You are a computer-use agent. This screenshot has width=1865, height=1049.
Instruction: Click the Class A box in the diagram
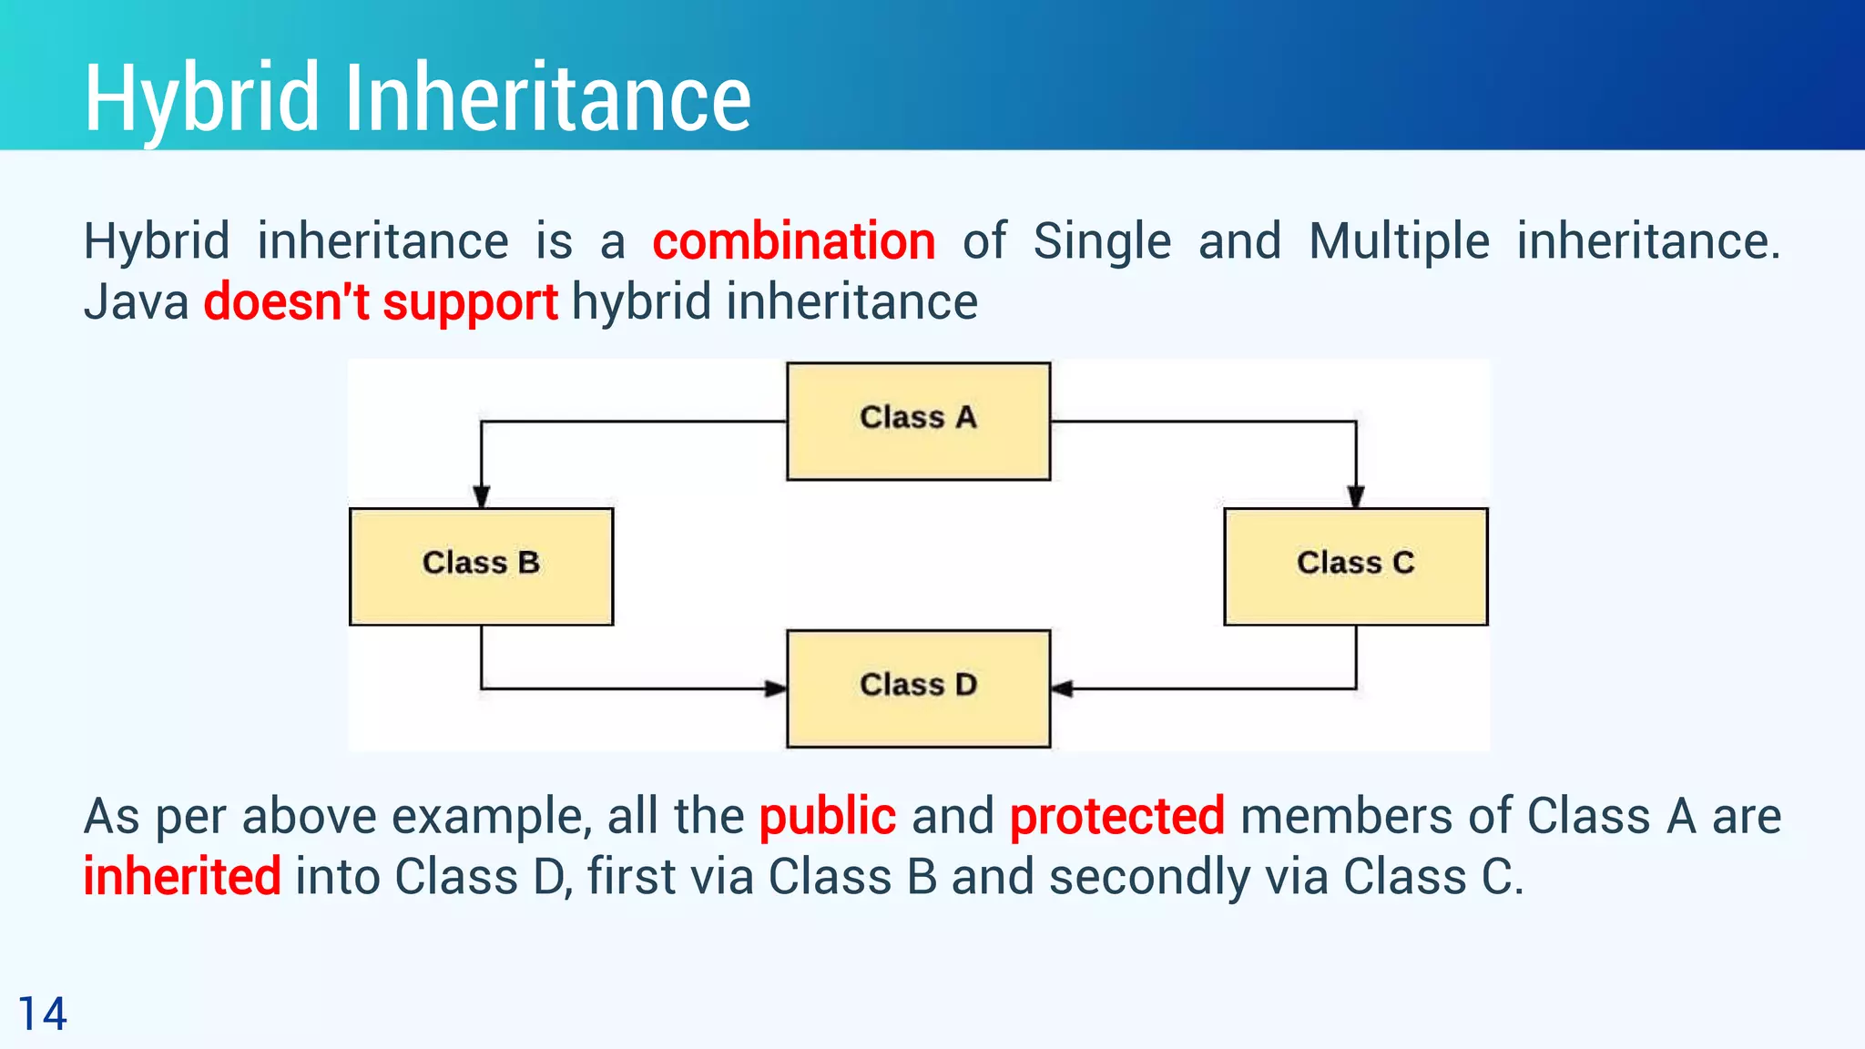[x=918, y=421]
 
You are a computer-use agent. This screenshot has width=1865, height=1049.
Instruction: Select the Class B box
[x=481, y=565]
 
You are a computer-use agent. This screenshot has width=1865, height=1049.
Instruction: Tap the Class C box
[x=1355, y=565]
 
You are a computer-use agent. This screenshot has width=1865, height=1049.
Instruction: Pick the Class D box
[x=918, y=687]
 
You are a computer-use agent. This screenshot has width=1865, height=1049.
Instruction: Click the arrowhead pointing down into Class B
[x=482, y=496]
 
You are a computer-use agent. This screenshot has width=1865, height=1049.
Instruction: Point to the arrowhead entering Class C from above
[x=1356, y=496]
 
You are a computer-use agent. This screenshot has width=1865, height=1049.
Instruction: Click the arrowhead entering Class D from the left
[x=775, y=688]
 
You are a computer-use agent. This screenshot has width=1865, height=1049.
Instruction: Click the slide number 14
[x=42, y=1014]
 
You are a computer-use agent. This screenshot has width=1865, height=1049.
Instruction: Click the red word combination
[x=794, y=242]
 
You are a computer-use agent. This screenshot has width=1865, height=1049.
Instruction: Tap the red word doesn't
[x=286, y=302]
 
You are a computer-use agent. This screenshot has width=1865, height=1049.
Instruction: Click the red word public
[x=827, y=817]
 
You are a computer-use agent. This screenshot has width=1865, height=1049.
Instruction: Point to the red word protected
[x=1116, y=817]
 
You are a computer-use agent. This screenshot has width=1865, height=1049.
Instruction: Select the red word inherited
[x=182, y=877]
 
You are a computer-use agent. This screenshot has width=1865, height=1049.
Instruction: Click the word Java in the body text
[x=136, y=302]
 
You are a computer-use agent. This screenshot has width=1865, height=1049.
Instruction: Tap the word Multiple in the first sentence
[x=1399, y=242]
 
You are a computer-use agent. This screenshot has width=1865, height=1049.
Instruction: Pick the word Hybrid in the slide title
[x=201, y=99]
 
